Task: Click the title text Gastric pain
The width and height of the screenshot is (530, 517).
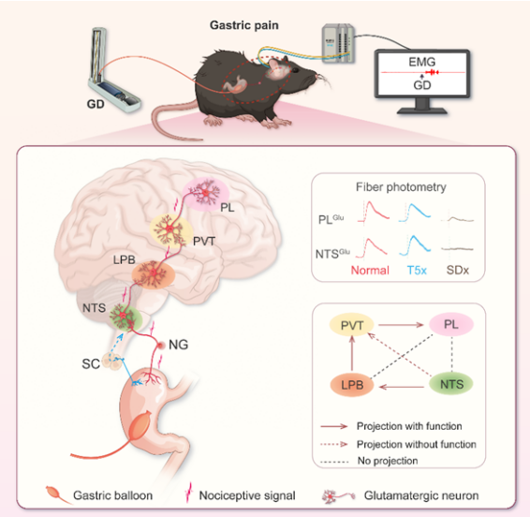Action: point(244,25)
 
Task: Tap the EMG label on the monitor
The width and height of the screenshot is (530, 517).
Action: point(421,62)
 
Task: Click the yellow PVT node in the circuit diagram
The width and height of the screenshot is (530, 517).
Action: point(352,325)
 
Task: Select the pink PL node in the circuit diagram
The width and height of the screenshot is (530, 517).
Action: point(451,324)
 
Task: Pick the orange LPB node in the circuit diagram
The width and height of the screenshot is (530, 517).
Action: point(352,385)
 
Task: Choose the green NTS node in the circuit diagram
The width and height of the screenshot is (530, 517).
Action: point(451,384)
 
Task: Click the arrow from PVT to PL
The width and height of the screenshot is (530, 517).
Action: point(401,325)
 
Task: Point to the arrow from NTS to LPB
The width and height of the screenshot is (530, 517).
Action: point(402,387)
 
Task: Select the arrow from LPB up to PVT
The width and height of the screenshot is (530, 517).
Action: point(352,353)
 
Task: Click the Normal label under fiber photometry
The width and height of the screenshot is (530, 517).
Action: point(370,270)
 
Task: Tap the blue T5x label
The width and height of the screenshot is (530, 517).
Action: point(417,270)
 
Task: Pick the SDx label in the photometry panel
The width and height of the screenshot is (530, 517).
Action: point(458,270)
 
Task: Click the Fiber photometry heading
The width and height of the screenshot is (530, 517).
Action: point(401,187)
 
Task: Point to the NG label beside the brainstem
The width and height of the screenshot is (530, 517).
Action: point(178,345)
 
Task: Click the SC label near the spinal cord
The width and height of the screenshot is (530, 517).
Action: point(91,363)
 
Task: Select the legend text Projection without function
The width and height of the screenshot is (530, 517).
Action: point(417,444)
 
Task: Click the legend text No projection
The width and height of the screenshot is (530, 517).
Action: point(388,461)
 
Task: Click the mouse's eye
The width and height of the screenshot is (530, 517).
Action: point(295,70)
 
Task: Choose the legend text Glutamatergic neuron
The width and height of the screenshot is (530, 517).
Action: point(421,495)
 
